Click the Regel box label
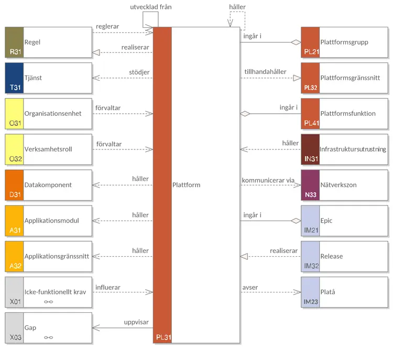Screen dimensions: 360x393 tap(32, 42)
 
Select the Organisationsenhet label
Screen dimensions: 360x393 tap(53, 113)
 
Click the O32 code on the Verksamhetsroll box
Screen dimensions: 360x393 tap(15, 159)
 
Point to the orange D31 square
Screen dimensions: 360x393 tap(14, 184)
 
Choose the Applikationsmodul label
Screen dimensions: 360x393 tap(51, 221)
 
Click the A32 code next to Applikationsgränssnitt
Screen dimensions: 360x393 tap(15, 266)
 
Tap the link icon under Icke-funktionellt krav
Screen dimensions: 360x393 tap(49, 302)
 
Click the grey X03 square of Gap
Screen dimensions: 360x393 tap(14, 328)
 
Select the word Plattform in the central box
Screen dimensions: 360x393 tap(186, 184)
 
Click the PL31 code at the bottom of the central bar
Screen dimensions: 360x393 tap(162, 337)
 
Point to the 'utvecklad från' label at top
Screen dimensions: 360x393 tap(150, 7)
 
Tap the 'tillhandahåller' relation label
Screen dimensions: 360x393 tap(266, 72)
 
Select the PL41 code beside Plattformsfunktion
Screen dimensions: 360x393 tap(311, 123)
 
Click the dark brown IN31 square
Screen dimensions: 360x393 tap(310, 149)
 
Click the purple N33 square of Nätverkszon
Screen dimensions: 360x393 tap(310, 184)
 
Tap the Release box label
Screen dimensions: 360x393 tap(331, 256)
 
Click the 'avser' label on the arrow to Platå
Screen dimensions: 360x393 tap(250, 287)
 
